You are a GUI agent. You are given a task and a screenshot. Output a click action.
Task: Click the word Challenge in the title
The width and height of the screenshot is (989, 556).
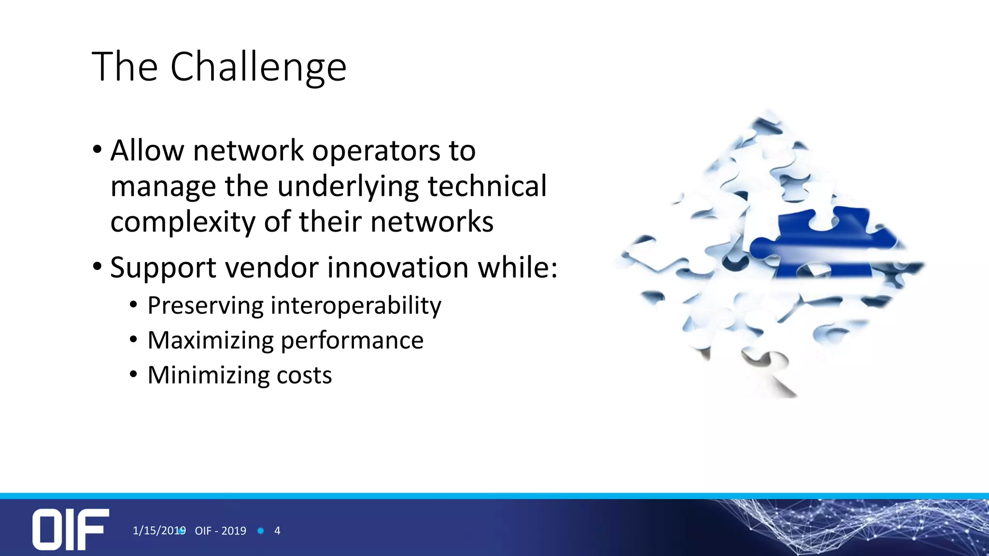click(258, 68)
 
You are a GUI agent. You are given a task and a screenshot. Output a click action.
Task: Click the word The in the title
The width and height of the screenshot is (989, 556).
click(125, 67)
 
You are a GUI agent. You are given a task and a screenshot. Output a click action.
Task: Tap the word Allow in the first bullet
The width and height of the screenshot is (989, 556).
click(147, 151)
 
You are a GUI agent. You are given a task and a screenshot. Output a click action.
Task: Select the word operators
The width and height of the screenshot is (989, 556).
click(376, 152)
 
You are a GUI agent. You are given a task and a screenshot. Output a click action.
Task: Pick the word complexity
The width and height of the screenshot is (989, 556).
click(183, 222)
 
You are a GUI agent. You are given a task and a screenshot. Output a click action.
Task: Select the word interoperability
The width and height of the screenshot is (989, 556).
click(356, 306)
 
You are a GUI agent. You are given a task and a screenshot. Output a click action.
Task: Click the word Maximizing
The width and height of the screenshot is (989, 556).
click(211, 341)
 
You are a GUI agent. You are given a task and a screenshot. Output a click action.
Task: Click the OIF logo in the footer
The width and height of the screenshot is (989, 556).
click(71, 529)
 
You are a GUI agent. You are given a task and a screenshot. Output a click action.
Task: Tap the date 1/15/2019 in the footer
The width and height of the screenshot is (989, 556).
click(159, 531)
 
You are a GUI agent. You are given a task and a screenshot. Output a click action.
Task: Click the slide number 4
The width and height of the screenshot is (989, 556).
click(277, 531)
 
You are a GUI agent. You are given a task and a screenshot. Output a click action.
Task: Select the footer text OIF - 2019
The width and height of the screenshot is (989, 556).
click(220, 531)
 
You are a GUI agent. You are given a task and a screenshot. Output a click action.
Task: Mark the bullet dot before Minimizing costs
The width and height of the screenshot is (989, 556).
click(134, 375)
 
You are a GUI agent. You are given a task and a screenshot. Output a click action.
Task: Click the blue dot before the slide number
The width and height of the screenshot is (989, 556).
click(261, 531)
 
